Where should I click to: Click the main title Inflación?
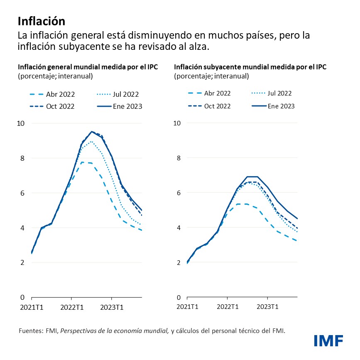(42, 21)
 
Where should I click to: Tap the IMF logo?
(328, 341)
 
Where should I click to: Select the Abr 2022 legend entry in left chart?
(52, 94)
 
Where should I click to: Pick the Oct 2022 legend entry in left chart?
(52, 106)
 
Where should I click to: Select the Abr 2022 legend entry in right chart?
(208, 93)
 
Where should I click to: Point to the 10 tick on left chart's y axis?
(21, 123)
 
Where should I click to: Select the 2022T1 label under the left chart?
(71, 307)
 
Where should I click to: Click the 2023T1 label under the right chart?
(267, 307)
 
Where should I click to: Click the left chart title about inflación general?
(88, 67)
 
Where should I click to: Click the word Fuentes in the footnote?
(31, 331)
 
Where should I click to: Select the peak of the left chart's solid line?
(91, 132)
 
